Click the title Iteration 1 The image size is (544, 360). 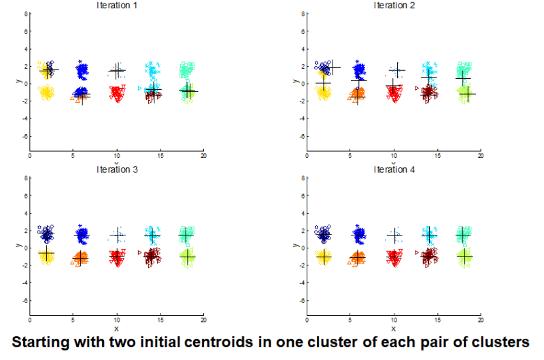116,5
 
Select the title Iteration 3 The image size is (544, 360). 116,169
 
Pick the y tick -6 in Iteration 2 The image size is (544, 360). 300,136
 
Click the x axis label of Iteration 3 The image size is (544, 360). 116,328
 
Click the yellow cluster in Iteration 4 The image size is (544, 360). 323,257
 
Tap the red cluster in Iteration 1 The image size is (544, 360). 117,93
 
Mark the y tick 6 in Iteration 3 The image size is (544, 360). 24,195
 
